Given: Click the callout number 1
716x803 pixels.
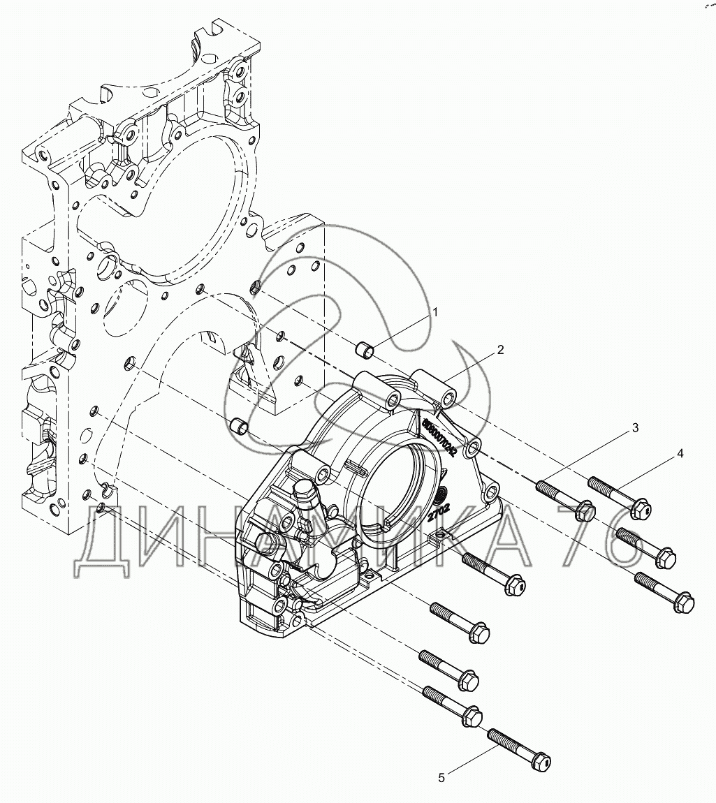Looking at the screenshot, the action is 434,312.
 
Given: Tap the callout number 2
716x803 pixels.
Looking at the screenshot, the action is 501,350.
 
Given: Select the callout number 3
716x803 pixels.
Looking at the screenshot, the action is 635,428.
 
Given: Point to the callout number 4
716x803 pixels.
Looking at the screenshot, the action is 680,453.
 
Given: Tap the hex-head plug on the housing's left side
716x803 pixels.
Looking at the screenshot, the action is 306,492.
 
